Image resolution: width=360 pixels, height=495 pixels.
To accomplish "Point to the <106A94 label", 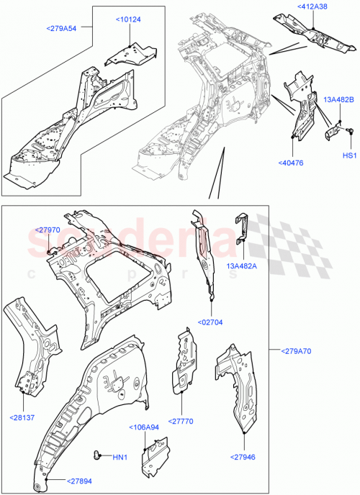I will [145, 427].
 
